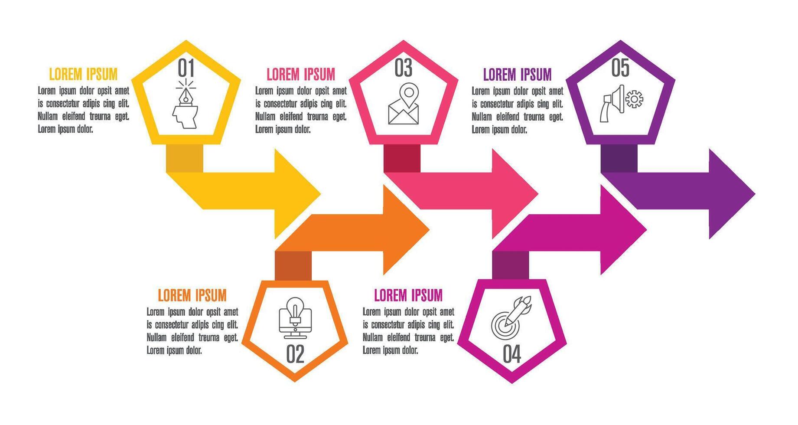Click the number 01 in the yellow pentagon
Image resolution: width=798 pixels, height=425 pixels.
[x=186, y=68]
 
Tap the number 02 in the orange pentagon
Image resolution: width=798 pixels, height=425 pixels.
[x=295, y=354]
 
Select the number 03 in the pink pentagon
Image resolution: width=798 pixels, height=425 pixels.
[x=403, y=68]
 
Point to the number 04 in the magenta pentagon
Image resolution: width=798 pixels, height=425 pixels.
[x=512, y=354]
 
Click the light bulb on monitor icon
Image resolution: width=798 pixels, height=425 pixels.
[x=295, y=317]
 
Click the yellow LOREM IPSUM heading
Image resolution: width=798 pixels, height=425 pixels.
[x=83, y=74]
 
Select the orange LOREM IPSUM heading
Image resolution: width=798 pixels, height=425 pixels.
[x=192, y=295]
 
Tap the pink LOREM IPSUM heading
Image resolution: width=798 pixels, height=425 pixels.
[x=301, y=74]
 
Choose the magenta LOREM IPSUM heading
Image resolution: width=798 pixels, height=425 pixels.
[x=408, y=295]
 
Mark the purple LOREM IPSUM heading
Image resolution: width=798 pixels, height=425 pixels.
[x=517, y=74]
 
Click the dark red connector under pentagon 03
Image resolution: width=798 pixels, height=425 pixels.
[x=402, y=158]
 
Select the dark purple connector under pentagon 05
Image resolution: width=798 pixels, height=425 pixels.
[x=619, y=158]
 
